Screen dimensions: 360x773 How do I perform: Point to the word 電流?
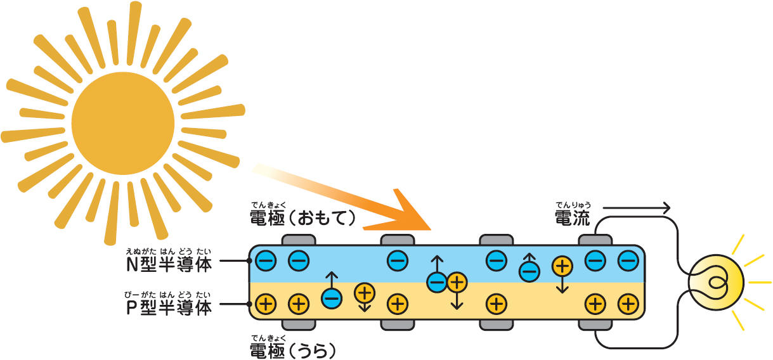tap(572, 219)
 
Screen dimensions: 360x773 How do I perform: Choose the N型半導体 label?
tap(169, 264)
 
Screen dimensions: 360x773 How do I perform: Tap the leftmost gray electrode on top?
tap(299, 240)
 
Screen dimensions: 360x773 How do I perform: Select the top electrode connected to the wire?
tap(595, 240)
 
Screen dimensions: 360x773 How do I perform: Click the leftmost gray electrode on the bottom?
tap(299, 325)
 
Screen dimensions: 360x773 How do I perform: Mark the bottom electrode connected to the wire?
tap(595, 325)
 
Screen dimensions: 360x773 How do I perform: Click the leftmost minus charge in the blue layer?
tap(267, 260)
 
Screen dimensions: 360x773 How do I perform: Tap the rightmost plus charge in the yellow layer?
tap(628, 304)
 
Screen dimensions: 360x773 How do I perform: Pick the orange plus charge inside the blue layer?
tap(562, 266)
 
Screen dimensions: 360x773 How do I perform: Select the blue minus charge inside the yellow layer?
tap(331, 298)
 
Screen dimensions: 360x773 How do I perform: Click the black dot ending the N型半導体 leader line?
tap(249, 260)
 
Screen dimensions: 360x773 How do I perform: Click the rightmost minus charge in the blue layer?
tap(628, 260)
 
